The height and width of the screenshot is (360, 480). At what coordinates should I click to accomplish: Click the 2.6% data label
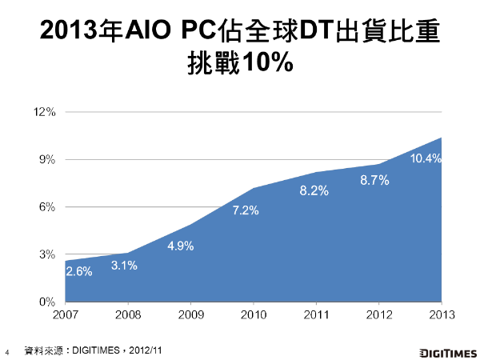point(78,271)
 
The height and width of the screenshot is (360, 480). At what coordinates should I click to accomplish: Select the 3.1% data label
point(124,266)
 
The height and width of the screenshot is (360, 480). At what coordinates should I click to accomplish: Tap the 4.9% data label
point(181,246)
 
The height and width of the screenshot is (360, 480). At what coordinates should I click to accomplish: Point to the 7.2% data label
point(246,211)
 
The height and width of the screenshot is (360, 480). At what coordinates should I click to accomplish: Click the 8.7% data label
point(374,181)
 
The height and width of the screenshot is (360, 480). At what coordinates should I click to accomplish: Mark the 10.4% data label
point(425,158)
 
